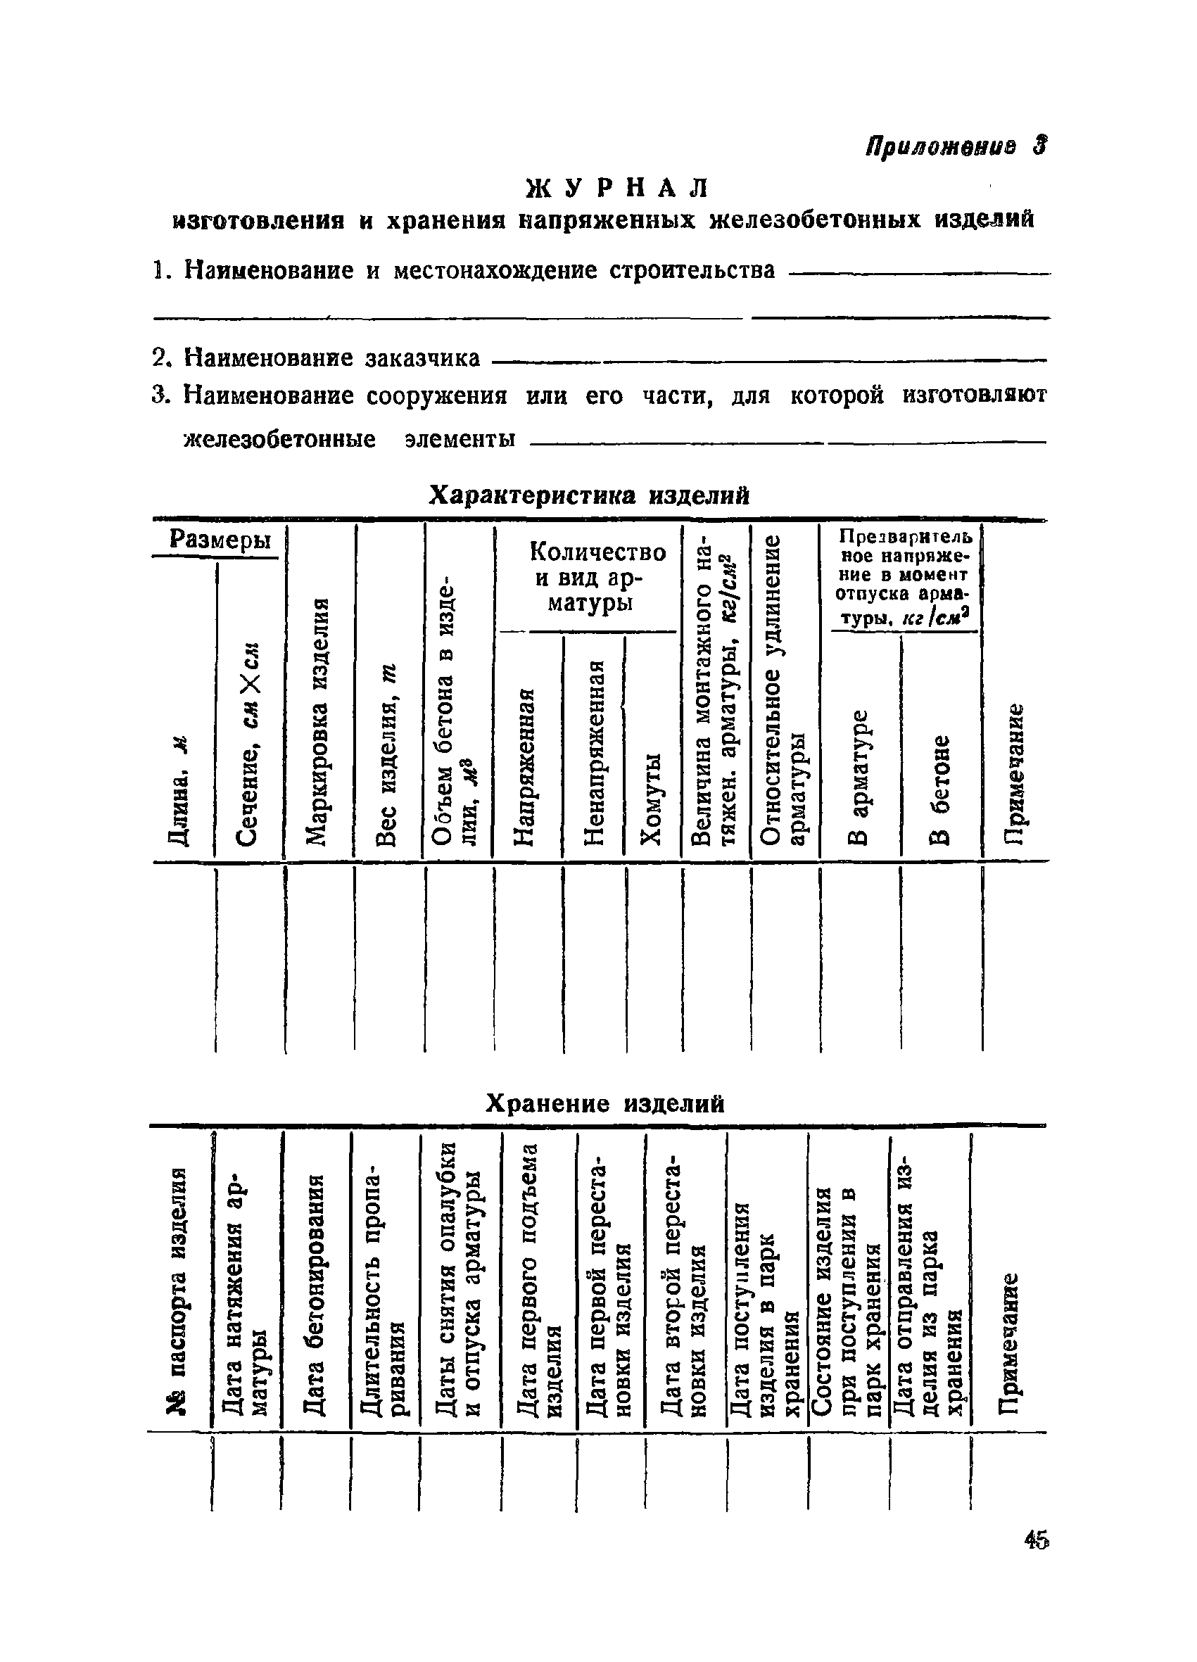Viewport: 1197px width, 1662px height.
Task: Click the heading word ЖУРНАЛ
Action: point(618,189)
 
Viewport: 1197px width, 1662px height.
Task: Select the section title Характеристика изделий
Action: point(588,496)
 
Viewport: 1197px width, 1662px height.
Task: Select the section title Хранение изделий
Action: point(604,1103)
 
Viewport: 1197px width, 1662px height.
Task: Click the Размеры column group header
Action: point(219,540)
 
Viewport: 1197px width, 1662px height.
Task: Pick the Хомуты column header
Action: point(652,799)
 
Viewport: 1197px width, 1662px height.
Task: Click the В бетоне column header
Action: point(940,788)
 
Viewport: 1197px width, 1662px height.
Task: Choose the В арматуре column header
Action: point(860,777)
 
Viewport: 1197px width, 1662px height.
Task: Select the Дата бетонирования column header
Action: point(316,1294)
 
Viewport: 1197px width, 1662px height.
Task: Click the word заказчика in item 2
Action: point(423,359)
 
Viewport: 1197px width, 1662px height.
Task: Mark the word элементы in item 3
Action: point(460,439)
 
